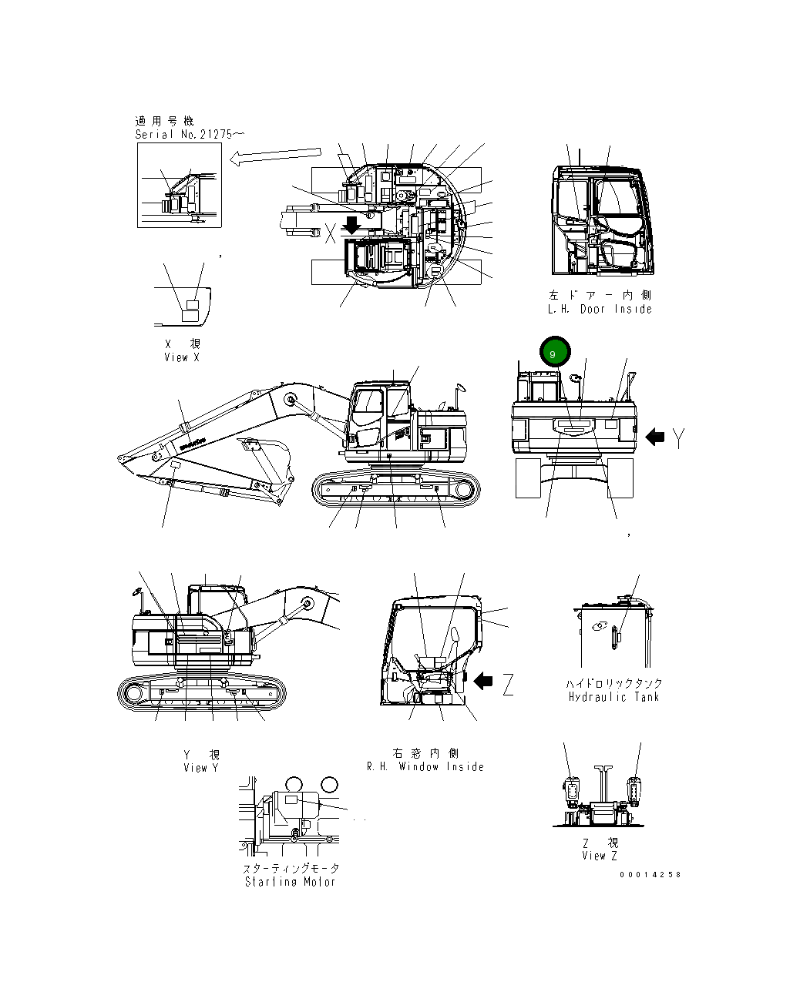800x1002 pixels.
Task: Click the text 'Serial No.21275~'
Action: (x=190, y=134)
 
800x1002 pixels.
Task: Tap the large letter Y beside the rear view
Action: (x=678, y=438)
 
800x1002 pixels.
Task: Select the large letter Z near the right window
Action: (x=507, y=683)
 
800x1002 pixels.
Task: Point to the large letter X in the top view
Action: (x=331, y=234)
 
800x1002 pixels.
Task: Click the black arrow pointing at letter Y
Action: (x=655, y=437)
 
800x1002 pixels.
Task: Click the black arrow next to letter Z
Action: (x=483, y=681)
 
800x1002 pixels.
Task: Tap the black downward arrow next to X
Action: (x=351, y=225)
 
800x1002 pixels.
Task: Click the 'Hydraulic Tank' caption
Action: (x=613, y=697)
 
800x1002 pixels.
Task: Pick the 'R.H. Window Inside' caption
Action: (x=425, y=766)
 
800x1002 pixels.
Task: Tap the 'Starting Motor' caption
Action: (x=291, y=882)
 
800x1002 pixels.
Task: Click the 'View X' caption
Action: (x=182, y=357)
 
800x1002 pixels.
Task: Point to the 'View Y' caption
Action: (x=201, y=768)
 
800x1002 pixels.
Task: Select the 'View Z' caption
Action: (x=600, y=856)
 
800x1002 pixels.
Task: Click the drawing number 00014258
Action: (x=650, y=875)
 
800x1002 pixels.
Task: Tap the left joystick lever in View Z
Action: (x=571, y=790)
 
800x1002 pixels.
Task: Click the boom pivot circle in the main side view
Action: (x=291, y=399)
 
